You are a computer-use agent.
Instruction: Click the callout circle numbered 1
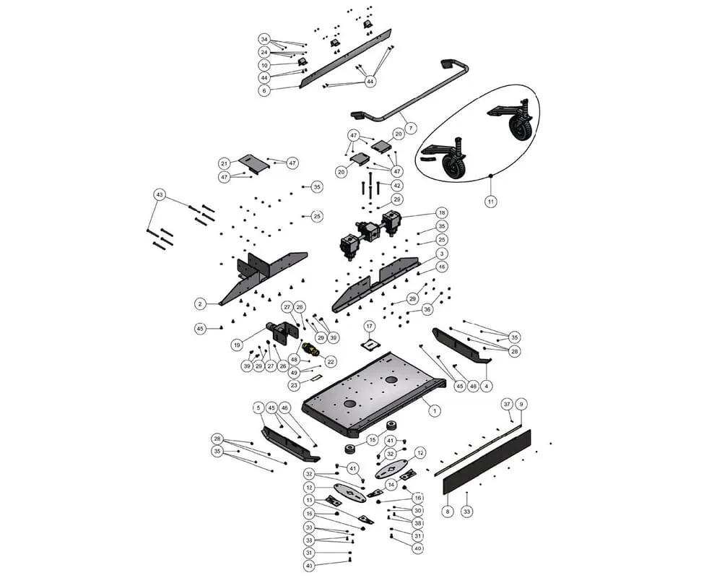tap(435, 410)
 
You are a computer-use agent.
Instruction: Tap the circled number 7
tap(410, 128)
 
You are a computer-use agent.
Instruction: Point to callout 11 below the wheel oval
tap(490, 202)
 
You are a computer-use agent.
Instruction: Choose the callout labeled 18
tap(441, 213)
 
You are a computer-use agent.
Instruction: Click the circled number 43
tap(160, 195)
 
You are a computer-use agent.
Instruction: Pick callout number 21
tap(224, 163)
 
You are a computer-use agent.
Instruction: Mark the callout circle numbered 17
tap(369, 326)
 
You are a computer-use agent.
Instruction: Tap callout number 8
tap(448, 512)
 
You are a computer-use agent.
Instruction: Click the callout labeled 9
tap(521, 404)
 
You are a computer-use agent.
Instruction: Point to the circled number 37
tap(507, 404)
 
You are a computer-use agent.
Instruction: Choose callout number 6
tap(264, 90)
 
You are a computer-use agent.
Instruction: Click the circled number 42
tap(396, 185)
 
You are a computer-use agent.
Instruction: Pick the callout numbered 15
tap(373, 439)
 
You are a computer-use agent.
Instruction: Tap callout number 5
tap(258, 407)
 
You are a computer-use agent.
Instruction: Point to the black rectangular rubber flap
tap(487, 462)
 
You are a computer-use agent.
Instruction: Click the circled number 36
tap(427, 309)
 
